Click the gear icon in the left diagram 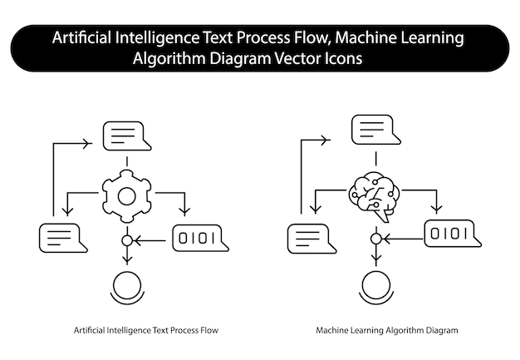point(126,196)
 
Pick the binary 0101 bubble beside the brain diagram point(449,234)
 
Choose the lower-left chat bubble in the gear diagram point(62,238)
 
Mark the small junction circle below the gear point(127,241)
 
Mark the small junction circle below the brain point(375,239)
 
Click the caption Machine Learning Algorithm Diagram point(387,331)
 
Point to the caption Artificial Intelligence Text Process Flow point(146,331)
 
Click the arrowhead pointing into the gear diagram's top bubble point(87,143)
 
